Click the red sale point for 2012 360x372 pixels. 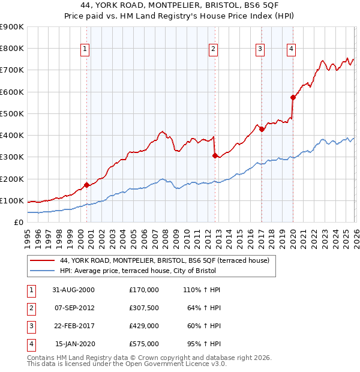pyautogui.click(x=215, y=155)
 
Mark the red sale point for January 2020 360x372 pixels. pyautogui.click(x=293, y=97)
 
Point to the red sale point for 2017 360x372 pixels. pyautogui.click(x=262, y=129)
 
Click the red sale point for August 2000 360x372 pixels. pyautogui.click(x=87, y=185)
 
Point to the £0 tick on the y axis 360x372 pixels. pyautogui.click(x=19, y=223)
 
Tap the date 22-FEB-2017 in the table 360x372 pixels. pyautogui.click(x=75, y=327)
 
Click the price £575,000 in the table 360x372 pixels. pyautogui.click(x=143, y=344)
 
